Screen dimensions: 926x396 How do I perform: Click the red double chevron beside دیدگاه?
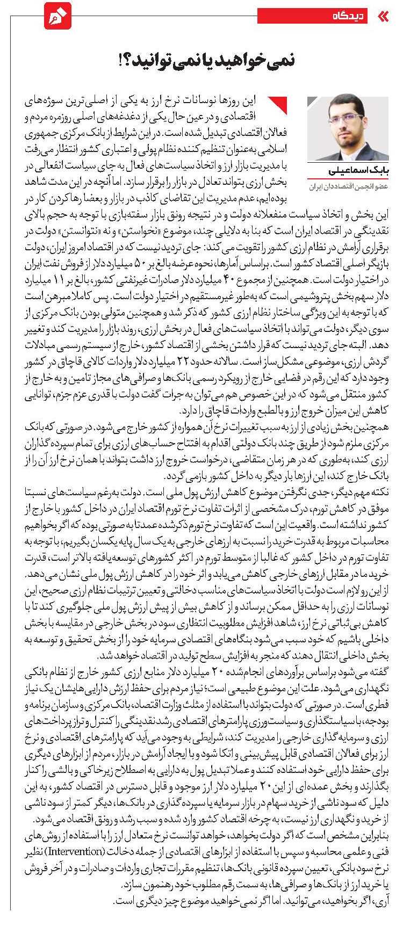383,16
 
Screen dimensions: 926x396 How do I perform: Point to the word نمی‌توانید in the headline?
175,61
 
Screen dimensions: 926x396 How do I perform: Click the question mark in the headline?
131,60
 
